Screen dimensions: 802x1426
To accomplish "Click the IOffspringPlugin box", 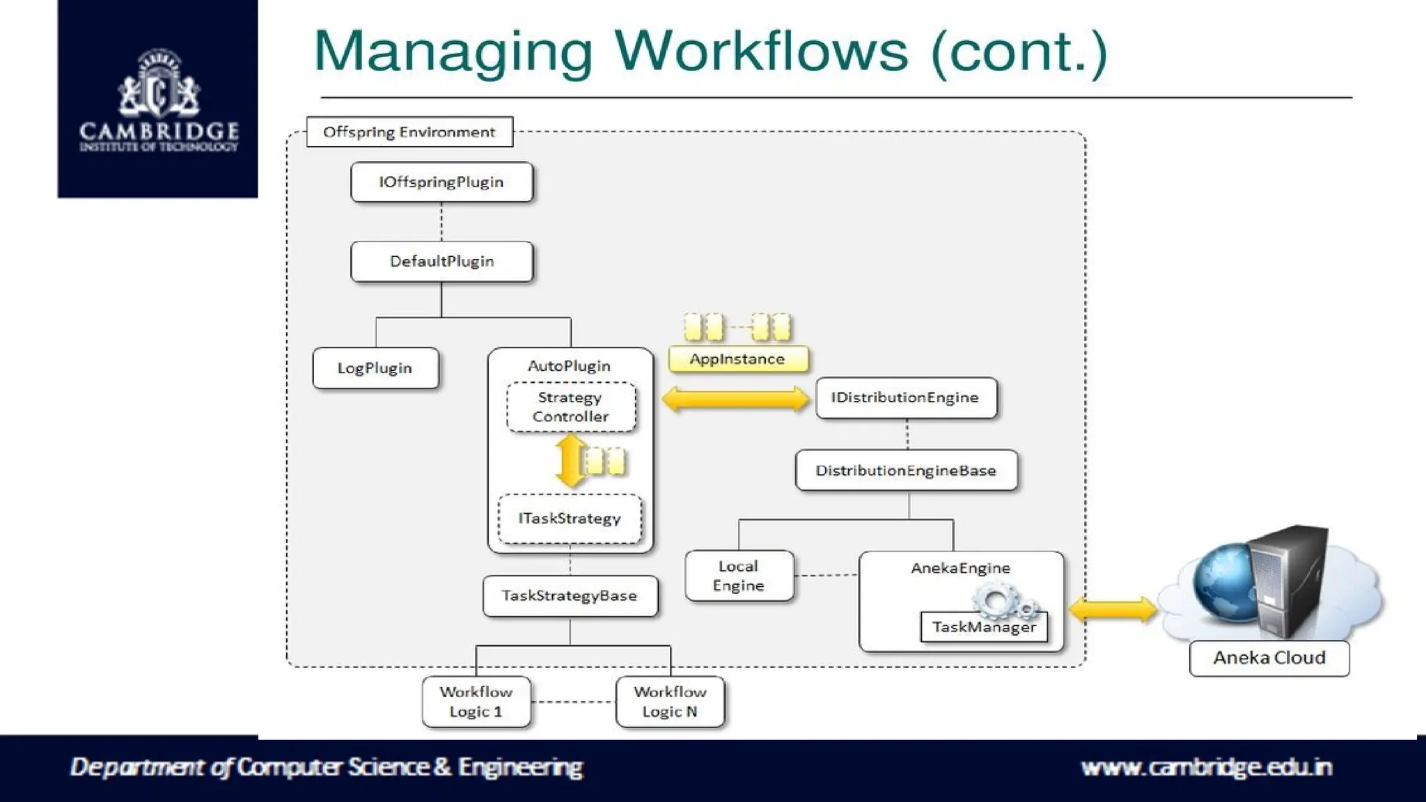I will (441, 182).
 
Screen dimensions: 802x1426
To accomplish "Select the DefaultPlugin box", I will (441, 262).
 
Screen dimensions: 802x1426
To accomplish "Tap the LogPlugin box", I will (375, 368).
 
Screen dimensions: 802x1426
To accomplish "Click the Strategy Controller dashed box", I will (570, 407).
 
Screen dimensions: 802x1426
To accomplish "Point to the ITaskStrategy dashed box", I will (570, 519).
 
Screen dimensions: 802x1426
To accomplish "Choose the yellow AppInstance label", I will (737, 359).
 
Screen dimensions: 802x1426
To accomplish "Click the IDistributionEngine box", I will (905, 398).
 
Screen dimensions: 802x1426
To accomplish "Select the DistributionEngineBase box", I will (906, 471).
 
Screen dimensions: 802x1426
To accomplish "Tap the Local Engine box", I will (739, 576).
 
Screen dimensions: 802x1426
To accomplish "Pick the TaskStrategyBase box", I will (570, 596).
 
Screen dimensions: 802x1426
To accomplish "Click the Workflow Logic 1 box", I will (476, 702).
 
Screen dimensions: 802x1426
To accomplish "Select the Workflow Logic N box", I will (670, 702).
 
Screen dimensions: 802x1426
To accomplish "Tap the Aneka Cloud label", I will (1269, 658).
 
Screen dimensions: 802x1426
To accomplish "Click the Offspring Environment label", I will (409, 132).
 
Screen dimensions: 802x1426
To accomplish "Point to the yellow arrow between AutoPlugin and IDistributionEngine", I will (735, 400).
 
